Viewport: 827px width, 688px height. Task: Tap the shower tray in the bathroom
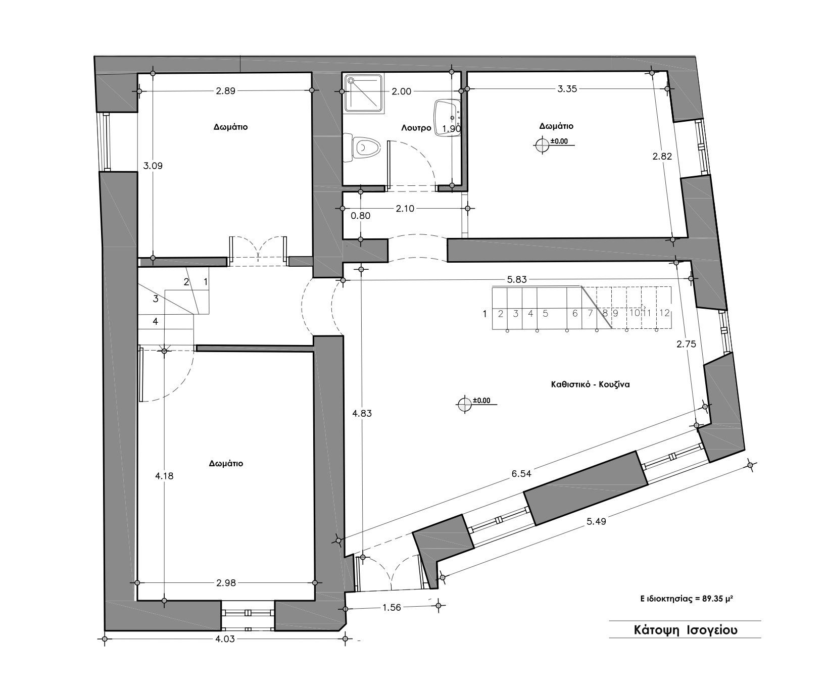point(362,92)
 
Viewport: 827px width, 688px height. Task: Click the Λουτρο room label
point(416,128)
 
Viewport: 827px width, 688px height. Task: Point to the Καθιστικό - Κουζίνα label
point(590,384)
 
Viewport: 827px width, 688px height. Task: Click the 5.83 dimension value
point(516,279)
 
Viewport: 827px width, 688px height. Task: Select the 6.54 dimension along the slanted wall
point(521,474)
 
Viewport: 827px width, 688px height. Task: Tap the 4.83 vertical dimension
point(362,413)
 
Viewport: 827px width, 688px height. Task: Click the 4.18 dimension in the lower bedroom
point(164,475)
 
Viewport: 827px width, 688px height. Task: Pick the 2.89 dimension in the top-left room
point(225,91)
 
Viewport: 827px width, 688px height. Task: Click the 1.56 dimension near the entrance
point(392,608)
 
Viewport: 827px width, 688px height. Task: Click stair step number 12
point(665,313)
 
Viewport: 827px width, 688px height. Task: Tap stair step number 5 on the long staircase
point(546,313)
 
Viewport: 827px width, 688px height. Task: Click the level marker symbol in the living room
point(464,405)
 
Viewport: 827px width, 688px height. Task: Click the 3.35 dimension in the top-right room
point(567,89)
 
